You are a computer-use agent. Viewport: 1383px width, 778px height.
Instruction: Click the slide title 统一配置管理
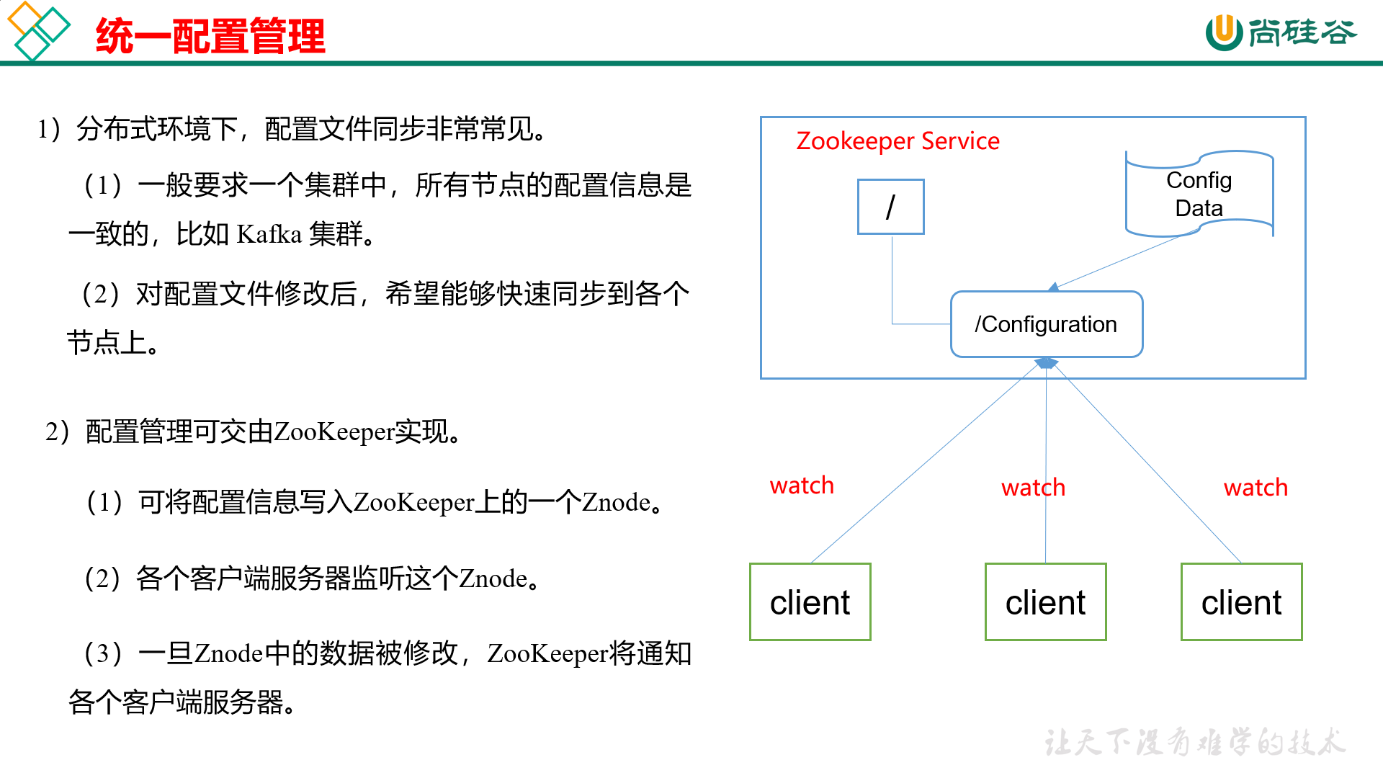tap(210, 36)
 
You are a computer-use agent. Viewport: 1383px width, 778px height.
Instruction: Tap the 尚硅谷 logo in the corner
tap(1281, 32)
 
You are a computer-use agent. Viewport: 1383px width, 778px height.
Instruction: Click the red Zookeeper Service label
tap(898, 141)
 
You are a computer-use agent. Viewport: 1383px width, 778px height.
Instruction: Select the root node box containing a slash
tap(890, 207)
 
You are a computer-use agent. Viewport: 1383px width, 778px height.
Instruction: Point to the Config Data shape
tap(1199, 194)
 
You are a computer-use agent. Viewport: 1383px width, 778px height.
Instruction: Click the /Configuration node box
tap(1046, 324)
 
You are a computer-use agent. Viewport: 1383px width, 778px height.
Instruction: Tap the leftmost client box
tap(810, 602)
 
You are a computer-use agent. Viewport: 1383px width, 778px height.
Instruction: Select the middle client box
tap(1045, 602)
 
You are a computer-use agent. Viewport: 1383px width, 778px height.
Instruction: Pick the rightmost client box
tap(1241, 602)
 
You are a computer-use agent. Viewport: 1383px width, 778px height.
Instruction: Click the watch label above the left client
tap(802, 486)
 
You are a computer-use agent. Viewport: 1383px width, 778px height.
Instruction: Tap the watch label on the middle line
tap(1033, 488)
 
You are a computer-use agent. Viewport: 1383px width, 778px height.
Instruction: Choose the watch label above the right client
tap(1256, 488)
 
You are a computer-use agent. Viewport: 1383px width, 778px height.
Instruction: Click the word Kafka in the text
tap(269, 235)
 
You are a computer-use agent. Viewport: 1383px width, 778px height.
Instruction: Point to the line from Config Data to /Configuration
tap(1120, 261)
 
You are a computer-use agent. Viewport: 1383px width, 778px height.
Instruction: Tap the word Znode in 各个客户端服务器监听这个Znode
tap(493, 578)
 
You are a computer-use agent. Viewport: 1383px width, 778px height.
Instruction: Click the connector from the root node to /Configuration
tap(892, 288)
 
